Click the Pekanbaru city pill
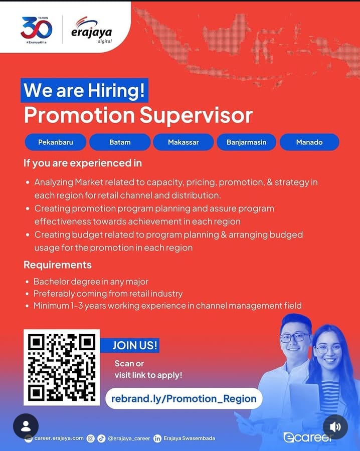coord(56,142)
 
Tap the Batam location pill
coord(120,142)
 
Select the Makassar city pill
coord(184,142)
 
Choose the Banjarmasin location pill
coord(246,142)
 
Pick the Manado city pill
coord(309,142)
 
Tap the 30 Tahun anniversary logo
coord(36,30)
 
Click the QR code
coord(62,367)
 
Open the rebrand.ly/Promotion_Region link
coord(184,399)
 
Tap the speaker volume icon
coord(335,427)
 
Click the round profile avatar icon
coord(26,426)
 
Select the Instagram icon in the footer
coord(91,438)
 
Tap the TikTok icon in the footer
coord(101,438)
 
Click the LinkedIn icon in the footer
coord(157,438)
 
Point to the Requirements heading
coord(58,265)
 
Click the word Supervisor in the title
coord(196,116)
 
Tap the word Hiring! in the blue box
coord(116,90)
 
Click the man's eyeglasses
coord(295,337)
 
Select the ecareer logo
coord(308,437)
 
